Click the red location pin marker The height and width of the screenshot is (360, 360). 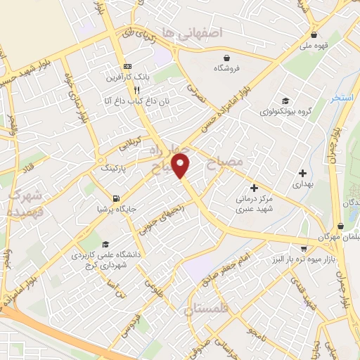tap(181, 165)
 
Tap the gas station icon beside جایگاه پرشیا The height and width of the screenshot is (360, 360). tap(115, 198)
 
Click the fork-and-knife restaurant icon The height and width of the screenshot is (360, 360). tap(136, 90)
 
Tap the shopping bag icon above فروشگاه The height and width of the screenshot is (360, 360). tap(227, 58)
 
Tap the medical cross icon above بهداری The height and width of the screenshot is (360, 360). tap(302, 172)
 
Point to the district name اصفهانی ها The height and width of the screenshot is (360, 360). tap(191, 33)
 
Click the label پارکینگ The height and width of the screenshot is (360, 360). tap(116, 168)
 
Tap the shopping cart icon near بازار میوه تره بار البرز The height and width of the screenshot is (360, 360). tap(302, 248)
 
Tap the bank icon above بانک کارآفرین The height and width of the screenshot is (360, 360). tap(127, 65)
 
